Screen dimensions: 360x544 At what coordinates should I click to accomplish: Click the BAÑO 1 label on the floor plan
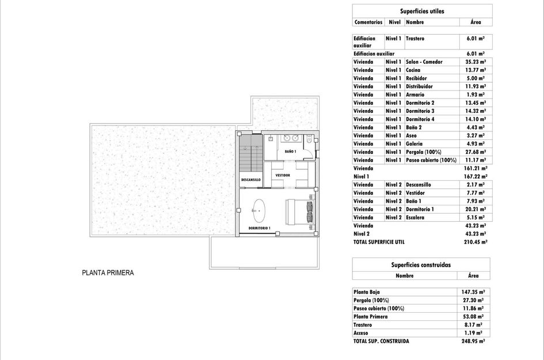point(290,151)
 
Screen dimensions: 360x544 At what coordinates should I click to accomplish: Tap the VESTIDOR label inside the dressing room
point(282,175)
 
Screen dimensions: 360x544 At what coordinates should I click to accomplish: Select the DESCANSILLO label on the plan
point(250,180)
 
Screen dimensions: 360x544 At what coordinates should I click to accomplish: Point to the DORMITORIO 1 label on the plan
point(259,228)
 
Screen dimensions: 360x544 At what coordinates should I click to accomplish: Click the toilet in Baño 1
point(310,139)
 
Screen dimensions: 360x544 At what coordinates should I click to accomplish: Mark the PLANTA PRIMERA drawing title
point(108,273)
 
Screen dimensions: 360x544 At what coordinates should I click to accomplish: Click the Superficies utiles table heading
point(422,11)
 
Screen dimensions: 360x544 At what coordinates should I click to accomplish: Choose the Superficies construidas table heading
point(421,265)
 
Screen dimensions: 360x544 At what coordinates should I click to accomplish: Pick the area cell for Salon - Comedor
point(475,62)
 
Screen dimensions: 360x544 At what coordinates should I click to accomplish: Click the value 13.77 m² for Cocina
point(475,70)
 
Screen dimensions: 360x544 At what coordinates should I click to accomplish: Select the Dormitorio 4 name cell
point(420,119)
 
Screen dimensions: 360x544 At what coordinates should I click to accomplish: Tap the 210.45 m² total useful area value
point(475,242)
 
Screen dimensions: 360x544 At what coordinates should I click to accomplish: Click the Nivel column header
point(394,22)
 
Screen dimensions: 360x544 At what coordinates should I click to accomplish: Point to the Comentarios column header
point(368,22)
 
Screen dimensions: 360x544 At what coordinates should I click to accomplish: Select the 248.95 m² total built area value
point(474,341)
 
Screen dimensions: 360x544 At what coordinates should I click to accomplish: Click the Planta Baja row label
point(367,292)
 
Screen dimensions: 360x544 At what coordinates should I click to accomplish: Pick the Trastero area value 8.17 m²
point(474,325)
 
